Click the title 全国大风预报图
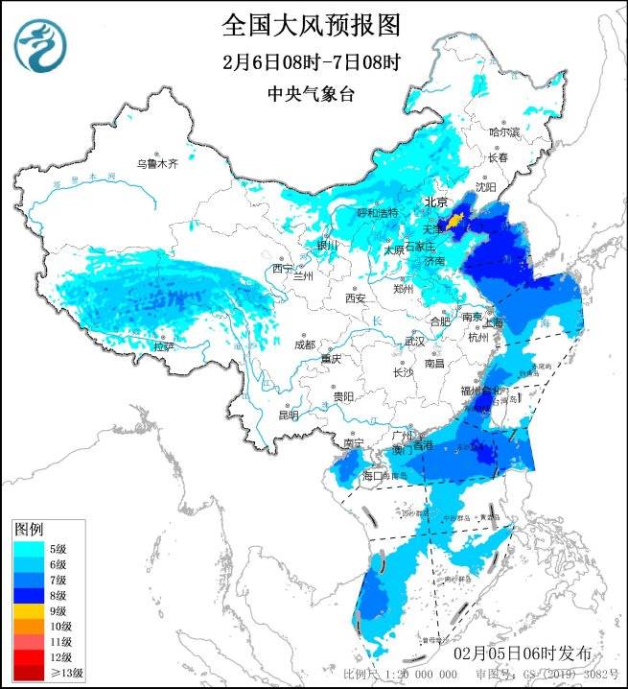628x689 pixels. tap(311, 23)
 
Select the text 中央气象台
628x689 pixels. tap(311, 94)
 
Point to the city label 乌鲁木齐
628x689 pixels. tap(157, 164)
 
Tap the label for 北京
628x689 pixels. tap(436, 202)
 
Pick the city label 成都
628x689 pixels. tap(304, 344)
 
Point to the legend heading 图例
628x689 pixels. tap(29, 530)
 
